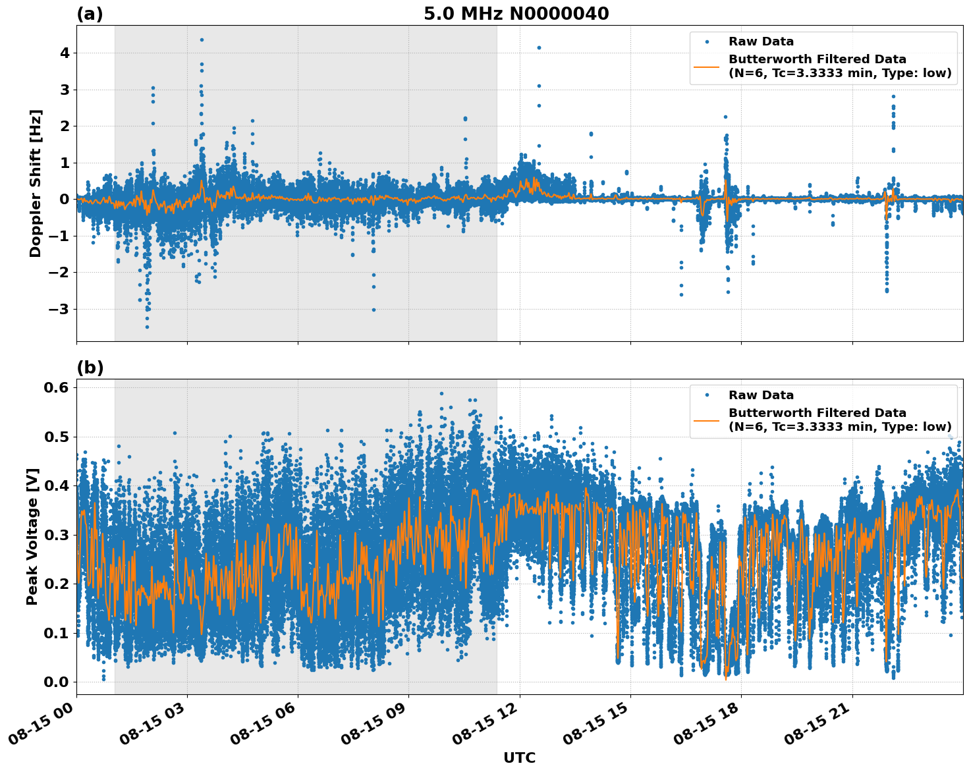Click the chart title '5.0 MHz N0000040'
click(516, 14)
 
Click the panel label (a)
click(90, 14)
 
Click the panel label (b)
click(90, 368)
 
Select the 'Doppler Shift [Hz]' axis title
click(36, 183)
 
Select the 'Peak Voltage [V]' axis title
click(32, 536)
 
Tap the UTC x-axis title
click(519, 758)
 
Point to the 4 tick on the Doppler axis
click(65, 53)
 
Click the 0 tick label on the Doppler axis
click(65, 199)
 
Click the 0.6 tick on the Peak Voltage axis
click(56, 388)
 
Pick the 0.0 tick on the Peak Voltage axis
click(56, 682)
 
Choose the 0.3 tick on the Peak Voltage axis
click(56, 535)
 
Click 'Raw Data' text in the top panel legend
click(761, 41)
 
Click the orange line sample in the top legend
click(707, 67)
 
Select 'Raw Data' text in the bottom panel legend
click(761, 395)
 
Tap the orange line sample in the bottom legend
click(707, 420)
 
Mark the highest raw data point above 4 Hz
click(202, 40)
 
